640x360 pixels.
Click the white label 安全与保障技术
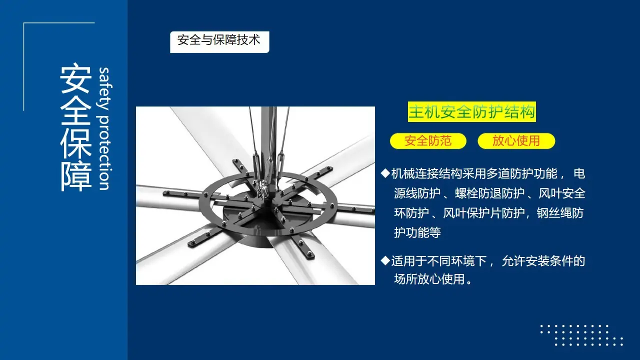click(x=219, y=41)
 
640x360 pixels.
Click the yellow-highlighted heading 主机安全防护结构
click(x=471, y=111)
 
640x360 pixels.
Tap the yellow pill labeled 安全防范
click(x=428, y=141)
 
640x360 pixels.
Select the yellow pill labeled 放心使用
click(x=516, y=141)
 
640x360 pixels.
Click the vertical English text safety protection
click(x=104, y=129)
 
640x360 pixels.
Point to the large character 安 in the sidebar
click(x=75, y=78)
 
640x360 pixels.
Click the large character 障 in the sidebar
click(x=75, y=177)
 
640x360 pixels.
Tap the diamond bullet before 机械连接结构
click(x=385, y=173)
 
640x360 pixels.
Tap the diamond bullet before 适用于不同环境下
click(x=385, y=260)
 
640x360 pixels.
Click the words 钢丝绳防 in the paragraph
click(x=560, y=213)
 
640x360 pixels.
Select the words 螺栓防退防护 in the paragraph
click(x=489, y=193)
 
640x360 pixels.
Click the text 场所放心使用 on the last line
click(x=429, y=279)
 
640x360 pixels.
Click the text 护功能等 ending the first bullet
click(x=417, y=232)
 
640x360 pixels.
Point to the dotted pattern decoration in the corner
click(x=581, y=335)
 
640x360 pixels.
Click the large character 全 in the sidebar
click(x=75, y=111)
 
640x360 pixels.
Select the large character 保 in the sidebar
click(x=75, y=143)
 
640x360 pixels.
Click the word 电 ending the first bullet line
click(x=579, y=173)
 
